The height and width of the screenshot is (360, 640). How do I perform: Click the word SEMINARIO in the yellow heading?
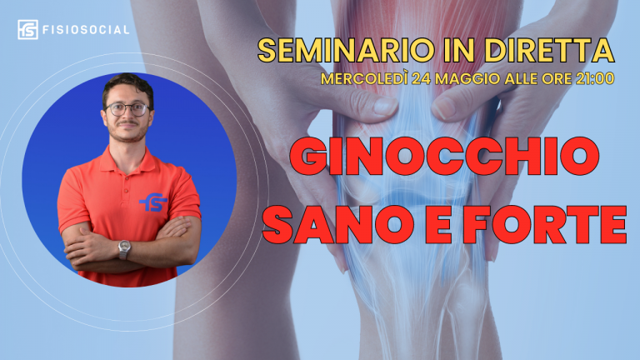click(x=346, y=50)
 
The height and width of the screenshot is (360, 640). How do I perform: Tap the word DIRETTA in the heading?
click(x=549, y=50)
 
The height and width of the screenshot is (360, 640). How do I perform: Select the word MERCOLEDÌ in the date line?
click(x=364, y=78)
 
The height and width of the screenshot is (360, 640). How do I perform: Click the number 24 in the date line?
click(x=421, y=78)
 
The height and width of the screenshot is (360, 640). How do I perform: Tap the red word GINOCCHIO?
click(x=444, y=156)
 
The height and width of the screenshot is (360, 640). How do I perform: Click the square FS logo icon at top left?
click(x=27, y=30)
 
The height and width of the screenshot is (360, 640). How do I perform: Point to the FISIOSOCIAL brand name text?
click(x=86, y=30)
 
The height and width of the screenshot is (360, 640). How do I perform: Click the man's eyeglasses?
click(x=127, y=109)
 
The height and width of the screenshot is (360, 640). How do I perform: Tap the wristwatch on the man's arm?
click(x=124, y=249)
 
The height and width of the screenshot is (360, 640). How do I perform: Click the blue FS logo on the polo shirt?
click(x=153, y=202)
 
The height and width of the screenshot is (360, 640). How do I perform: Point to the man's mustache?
click(x=127, y=122)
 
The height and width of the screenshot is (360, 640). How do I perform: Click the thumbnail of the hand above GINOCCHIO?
click(x=385, y=106)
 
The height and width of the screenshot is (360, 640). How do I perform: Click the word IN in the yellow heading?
click(x=459, y=50)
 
